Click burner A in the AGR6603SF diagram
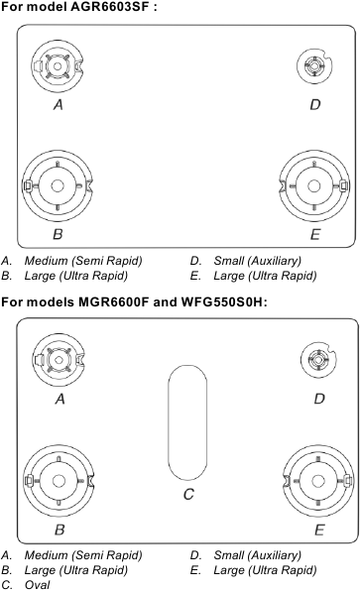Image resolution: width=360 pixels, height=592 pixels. tap(58, 66)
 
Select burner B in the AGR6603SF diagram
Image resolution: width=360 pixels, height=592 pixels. tap(58, 185)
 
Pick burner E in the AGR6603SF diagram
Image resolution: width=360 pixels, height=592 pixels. tap(314, 185)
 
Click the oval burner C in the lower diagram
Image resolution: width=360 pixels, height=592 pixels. tap(186, 421)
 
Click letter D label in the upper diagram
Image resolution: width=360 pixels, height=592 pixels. tap(314, 104)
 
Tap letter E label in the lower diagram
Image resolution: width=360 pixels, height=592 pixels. tap(317, 531)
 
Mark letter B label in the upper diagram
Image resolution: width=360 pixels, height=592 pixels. tap(58, 235)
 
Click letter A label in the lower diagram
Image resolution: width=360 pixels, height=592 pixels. tap(60, 400)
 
